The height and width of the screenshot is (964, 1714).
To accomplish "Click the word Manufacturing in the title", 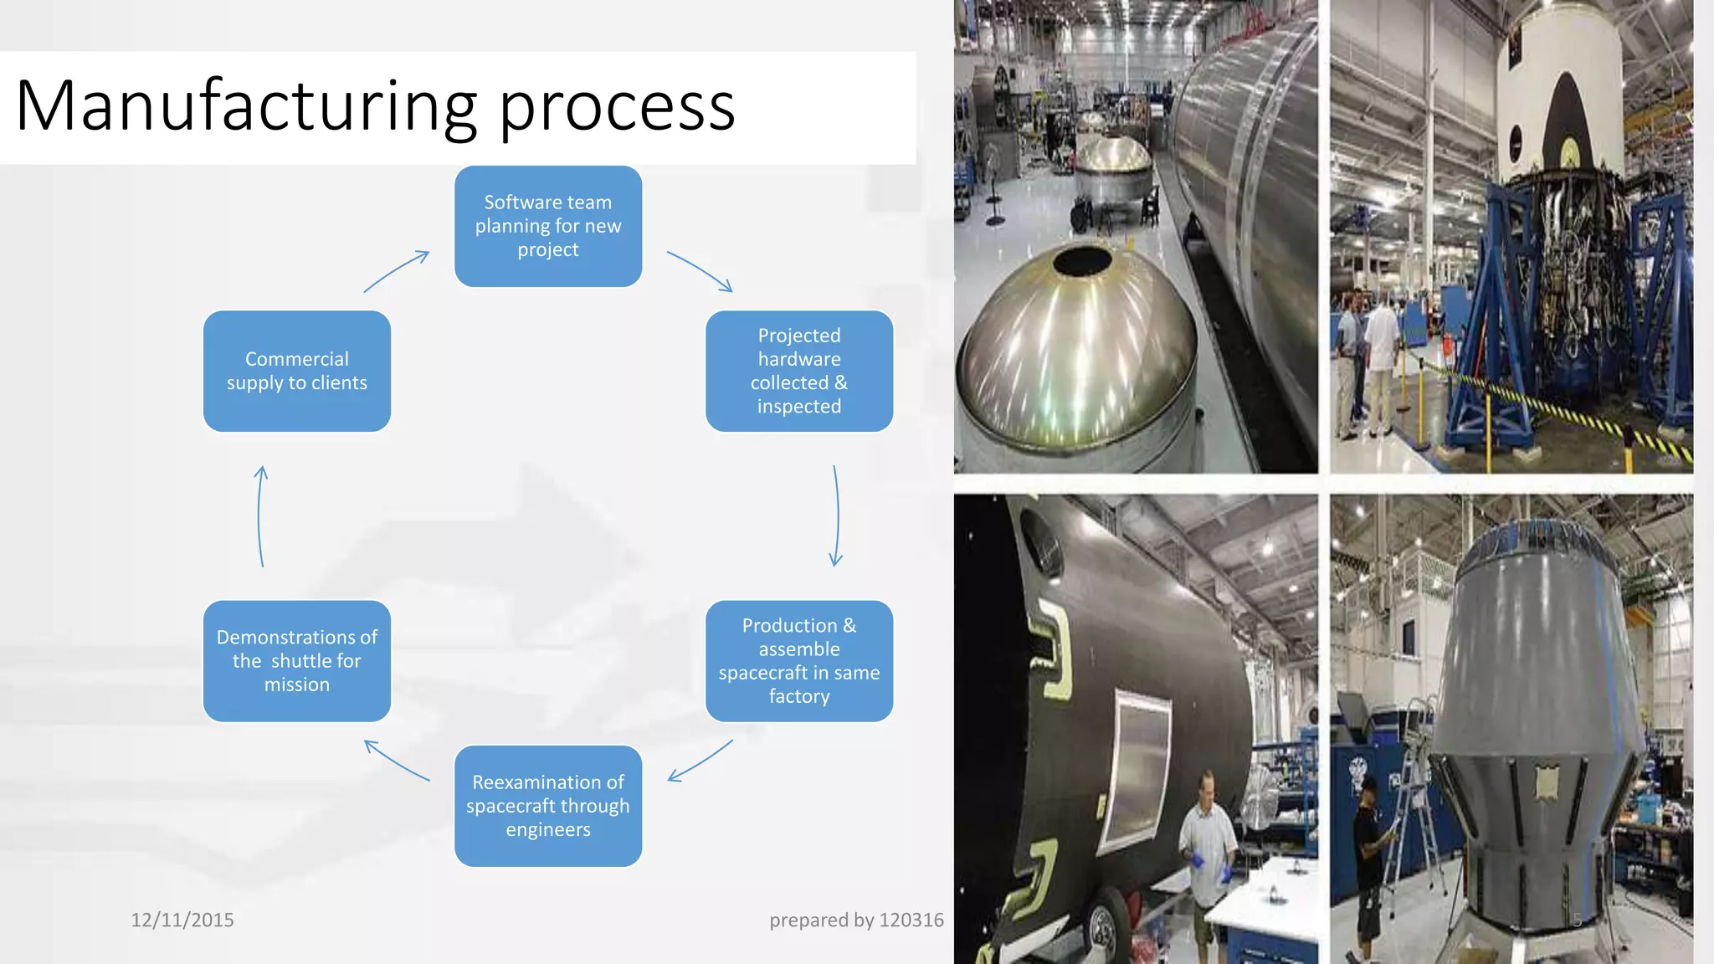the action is pos(246,106).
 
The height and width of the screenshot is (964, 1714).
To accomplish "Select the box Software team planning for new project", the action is pos(548,226).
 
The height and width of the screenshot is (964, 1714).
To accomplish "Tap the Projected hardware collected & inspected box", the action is pos(799,371).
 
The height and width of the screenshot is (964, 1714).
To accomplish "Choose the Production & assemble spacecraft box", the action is pos(799,660).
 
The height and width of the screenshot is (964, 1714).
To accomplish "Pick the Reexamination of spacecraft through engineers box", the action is pos(548,805).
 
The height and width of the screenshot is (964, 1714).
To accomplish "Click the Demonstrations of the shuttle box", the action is pos(297,660).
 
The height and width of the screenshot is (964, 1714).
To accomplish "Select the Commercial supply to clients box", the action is pos(297,371).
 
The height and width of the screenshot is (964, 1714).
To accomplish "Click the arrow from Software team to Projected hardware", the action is pos(700,271).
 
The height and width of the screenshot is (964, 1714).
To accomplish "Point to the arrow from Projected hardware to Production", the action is pos(836,515).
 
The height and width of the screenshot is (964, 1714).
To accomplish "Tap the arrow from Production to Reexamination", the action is pos(700,761).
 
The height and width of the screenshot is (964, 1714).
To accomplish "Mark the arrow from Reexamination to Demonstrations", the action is pos(397,760).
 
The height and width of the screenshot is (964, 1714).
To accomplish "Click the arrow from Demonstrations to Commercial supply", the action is pos(260,515).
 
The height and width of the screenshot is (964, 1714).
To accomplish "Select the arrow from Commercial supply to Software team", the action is pos(397,271).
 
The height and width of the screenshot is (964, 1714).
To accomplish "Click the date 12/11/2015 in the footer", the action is pos(182,920).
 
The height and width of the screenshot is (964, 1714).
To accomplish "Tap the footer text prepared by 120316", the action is pos(856,920).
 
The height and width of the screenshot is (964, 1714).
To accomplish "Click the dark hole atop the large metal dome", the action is pos(1081,261).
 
